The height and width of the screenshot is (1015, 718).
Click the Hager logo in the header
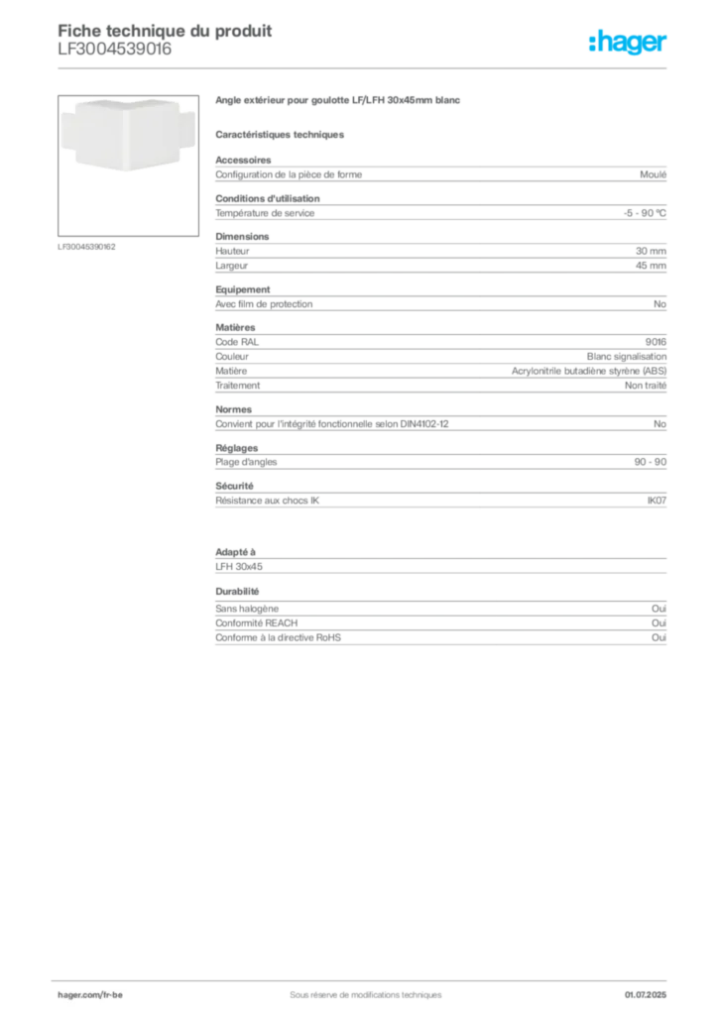628,43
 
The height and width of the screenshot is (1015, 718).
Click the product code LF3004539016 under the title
115,50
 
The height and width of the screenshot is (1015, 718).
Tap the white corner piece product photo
128,135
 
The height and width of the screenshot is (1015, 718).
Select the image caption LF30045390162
86,247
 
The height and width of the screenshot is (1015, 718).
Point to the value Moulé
653,174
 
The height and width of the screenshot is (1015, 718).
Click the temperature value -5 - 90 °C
645,213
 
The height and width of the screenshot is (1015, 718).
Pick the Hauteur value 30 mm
651,251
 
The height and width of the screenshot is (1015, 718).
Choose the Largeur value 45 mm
651,266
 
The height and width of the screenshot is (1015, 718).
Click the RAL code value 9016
656,342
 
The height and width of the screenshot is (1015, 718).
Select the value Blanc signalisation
626,357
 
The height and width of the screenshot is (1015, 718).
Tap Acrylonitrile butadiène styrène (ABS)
588,371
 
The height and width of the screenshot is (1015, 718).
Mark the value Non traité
645,386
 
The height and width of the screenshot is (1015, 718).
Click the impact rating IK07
657,501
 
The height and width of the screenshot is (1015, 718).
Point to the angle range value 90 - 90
650,462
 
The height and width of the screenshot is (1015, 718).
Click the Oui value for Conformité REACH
658,622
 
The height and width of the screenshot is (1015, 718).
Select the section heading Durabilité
237,592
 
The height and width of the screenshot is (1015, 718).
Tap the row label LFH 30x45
239,566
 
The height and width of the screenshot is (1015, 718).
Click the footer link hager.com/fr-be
90,995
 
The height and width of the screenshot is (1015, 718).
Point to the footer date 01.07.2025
645,995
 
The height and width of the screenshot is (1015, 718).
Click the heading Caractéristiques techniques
280,135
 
